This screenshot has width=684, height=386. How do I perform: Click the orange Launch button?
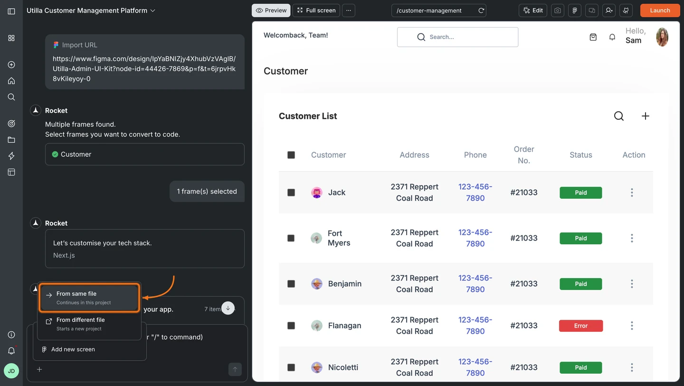(660, 10)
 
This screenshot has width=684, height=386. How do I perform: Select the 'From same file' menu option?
(89, 298)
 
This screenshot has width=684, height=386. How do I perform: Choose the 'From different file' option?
(89, 324)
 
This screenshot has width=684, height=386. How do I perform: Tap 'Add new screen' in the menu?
(73, 349)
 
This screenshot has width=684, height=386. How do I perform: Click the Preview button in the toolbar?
(271, 10)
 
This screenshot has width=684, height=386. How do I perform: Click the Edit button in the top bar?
(533, 10)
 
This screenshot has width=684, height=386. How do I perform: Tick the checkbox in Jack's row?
(291, 193)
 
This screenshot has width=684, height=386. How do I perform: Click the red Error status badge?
(580, 326)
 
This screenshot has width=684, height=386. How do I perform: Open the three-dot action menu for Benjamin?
(632, 284)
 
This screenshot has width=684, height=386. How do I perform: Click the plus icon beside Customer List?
(645, 116)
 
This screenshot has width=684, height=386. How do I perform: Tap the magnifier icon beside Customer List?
(618, 116)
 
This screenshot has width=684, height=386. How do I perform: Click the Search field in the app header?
(457, 37)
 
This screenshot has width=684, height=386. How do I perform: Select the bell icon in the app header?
(612, 37)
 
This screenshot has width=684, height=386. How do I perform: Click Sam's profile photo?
(662, 37)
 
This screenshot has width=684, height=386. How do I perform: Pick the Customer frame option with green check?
(144, 154)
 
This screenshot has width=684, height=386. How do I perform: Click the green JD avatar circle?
(11, 371)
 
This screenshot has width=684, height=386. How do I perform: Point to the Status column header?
(580, 155)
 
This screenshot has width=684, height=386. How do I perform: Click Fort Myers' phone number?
(475, 238)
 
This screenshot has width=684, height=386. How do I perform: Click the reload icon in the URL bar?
(481, 10)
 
